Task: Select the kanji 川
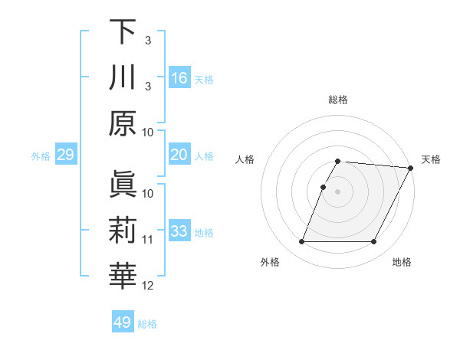point(123,77)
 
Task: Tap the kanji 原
point(123,123)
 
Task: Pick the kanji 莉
point(123,231)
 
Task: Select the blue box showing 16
point(179,77)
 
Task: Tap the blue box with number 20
point(179,155)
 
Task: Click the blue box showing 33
point(179,231)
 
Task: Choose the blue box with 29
point(65,155)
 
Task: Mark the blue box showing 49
point(123,322)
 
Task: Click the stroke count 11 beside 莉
point(148,240)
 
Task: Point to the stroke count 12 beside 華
point(148,286)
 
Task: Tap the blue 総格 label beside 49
point(147,324)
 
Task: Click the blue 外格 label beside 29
point(41,156)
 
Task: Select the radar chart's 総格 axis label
point(338,100)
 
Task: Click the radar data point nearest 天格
point(411,168)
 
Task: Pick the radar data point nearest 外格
point(301,242)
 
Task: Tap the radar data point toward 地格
point(374,242)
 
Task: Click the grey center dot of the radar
point(338,191)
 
